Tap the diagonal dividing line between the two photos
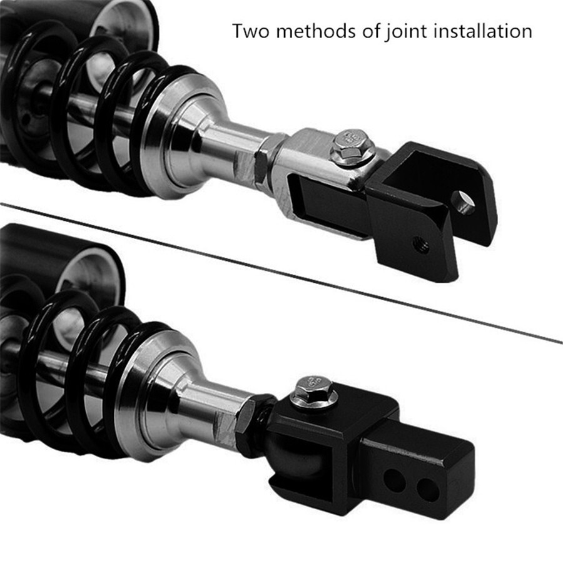coord(281,270)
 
